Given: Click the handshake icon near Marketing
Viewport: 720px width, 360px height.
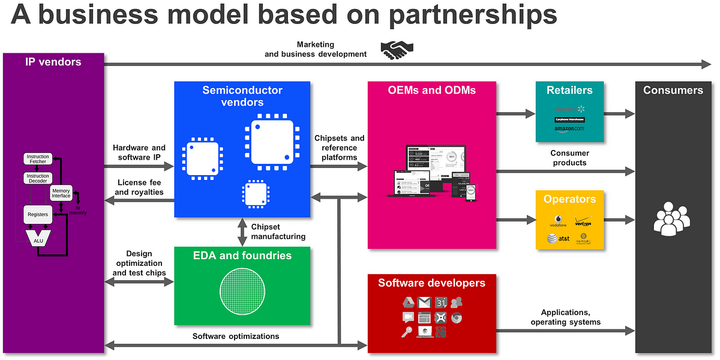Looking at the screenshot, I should coord(395,50).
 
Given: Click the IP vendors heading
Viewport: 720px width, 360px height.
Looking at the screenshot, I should coord(53,61).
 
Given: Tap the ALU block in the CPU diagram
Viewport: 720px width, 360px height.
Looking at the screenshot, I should coord(38,240).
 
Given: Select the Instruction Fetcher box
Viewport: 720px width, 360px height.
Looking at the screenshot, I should coord(38,159).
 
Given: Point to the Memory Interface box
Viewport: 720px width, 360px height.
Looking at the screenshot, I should coord(61,193).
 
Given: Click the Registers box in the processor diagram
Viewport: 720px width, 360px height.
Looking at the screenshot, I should coord(38,214).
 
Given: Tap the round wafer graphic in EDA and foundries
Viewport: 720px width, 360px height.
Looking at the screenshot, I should coord(242,292).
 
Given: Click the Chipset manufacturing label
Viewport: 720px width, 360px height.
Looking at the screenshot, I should coord(278,232).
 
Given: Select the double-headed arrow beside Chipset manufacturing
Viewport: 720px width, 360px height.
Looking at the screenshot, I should coord(242,232).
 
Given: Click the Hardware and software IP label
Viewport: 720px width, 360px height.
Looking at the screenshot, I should coord(139,152).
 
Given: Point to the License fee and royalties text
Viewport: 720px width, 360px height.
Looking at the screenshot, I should coord(139,187).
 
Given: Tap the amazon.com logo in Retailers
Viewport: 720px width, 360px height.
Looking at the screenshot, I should coord(569,129).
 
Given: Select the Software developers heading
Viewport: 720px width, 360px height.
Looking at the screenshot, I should coord(431,283).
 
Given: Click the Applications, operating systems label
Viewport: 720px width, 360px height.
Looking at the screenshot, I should coord(565,317).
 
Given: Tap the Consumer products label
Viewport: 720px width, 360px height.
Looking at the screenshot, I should coord(568,158).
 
